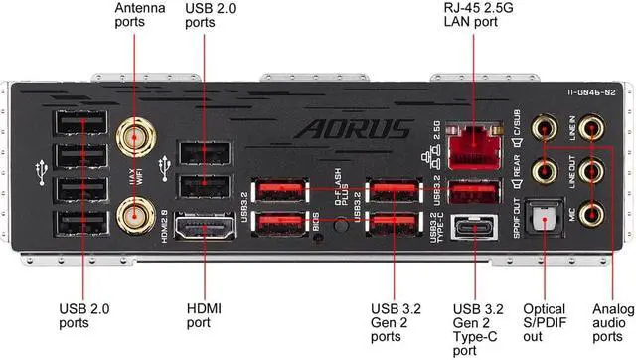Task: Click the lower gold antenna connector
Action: [130, 213]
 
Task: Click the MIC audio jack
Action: [591, 212]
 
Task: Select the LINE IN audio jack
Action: [591, 127]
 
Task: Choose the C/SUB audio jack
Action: [544, 127]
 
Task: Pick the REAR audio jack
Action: [544, 171]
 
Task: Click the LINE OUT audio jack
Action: [591, 170]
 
